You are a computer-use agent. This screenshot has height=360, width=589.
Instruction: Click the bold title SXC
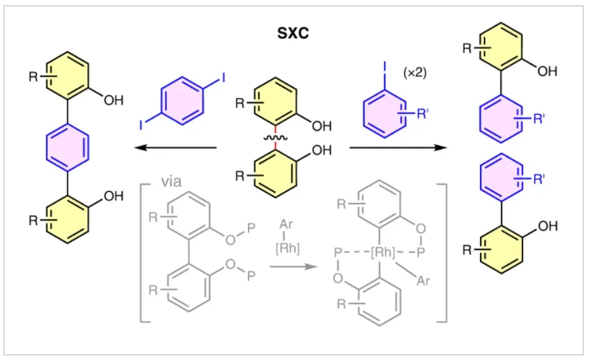click(293, 33)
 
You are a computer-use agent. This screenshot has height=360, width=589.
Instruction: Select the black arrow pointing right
click(398, 147)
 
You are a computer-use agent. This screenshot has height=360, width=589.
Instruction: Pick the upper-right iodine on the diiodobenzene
click(222, 78)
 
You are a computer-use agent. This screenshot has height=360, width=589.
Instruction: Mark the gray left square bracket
click(142, 251)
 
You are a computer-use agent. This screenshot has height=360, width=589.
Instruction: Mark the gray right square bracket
click(443, 251)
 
